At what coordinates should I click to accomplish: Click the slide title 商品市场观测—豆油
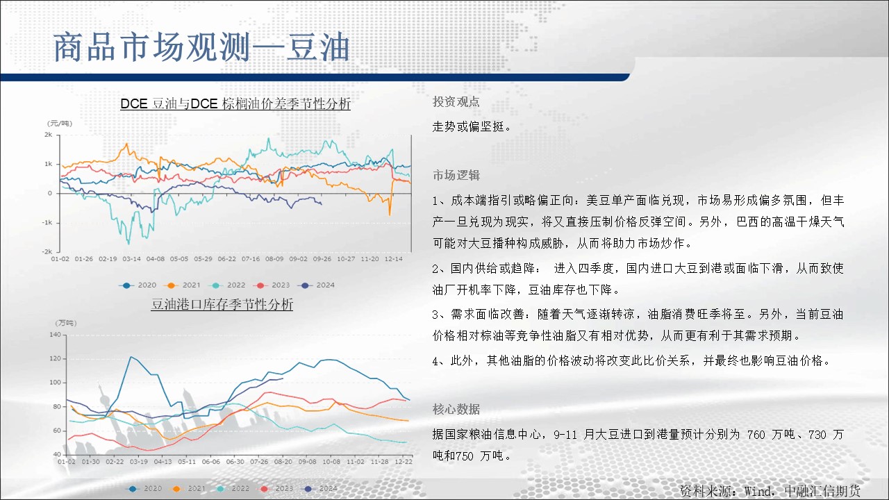point(201,48)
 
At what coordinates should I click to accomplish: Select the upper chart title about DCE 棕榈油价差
point(235,104)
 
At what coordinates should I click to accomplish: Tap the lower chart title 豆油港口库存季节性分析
point(222,304)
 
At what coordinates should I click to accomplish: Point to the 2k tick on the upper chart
point(48,135)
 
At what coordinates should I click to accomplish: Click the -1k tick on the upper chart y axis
point(47,223)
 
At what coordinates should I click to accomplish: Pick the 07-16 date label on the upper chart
point(251,259)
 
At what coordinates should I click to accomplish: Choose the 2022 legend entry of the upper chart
point(229,285)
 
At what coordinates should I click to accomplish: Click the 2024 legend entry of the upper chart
point(318,285)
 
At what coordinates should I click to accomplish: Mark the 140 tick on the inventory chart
point(55,335)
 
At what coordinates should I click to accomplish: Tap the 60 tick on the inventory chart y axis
point(57,431)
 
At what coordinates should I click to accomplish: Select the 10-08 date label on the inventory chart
point(331,462)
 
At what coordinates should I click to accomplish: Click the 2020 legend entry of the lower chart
point(145,488)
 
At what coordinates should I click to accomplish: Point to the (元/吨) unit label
point(60,124)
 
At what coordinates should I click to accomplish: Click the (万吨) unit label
point(65,323)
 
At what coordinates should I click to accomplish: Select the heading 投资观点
point(456,102)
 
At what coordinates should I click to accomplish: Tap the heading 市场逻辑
point(456,175)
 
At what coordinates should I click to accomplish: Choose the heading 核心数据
point(456,409)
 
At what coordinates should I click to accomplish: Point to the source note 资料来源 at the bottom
point(770,491)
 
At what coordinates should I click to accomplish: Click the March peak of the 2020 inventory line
point(132,357)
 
